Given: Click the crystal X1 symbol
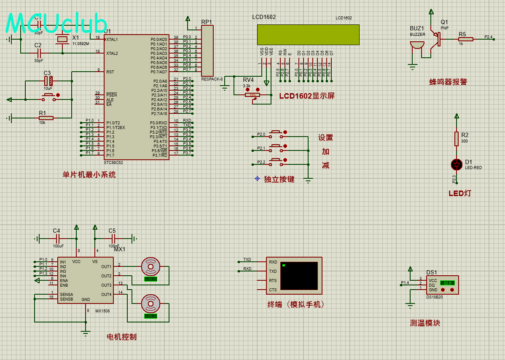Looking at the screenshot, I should [62, 40].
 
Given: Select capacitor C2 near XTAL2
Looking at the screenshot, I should [38, 53].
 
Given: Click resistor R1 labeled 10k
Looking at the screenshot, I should [45, 118].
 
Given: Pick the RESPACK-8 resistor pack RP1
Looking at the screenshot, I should [207, 50].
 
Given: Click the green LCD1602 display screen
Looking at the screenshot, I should [308, 35].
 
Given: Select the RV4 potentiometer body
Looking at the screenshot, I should [252, 95].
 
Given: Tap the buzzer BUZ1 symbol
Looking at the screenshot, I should [417, 45].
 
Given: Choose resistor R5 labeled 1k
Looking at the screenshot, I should [466, 39].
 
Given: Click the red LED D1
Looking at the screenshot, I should [456, 164].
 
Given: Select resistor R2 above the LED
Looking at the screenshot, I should [456, 138].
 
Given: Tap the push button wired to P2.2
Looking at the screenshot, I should [276, 160].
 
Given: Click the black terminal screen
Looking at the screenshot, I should [299, 275].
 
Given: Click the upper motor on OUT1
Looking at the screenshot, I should [150, 266].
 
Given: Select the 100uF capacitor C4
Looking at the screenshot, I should [56, 239].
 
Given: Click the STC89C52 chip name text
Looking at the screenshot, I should [113, 162].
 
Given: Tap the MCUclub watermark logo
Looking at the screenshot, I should [56, 23].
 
